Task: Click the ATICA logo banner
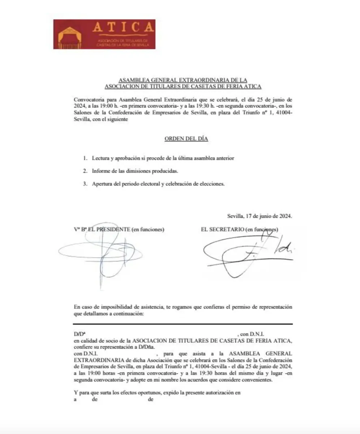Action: pos(104,34)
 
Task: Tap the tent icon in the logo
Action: pos(70,38)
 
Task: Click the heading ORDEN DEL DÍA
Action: pos(186,139)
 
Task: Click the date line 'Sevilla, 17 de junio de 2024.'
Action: pos(260,216)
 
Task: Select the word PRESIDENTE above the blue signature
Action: pos(112,229)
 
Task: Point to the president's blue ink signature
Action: pos(101,253)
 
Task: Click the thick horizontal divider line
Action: pos(183,324)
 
